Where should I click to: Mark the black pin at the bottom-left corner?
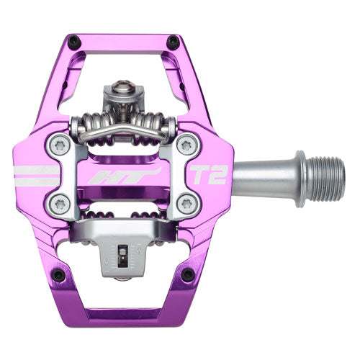(x=60, y=274)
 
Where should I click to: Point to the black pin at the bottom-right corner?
(x=188, y=274)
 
